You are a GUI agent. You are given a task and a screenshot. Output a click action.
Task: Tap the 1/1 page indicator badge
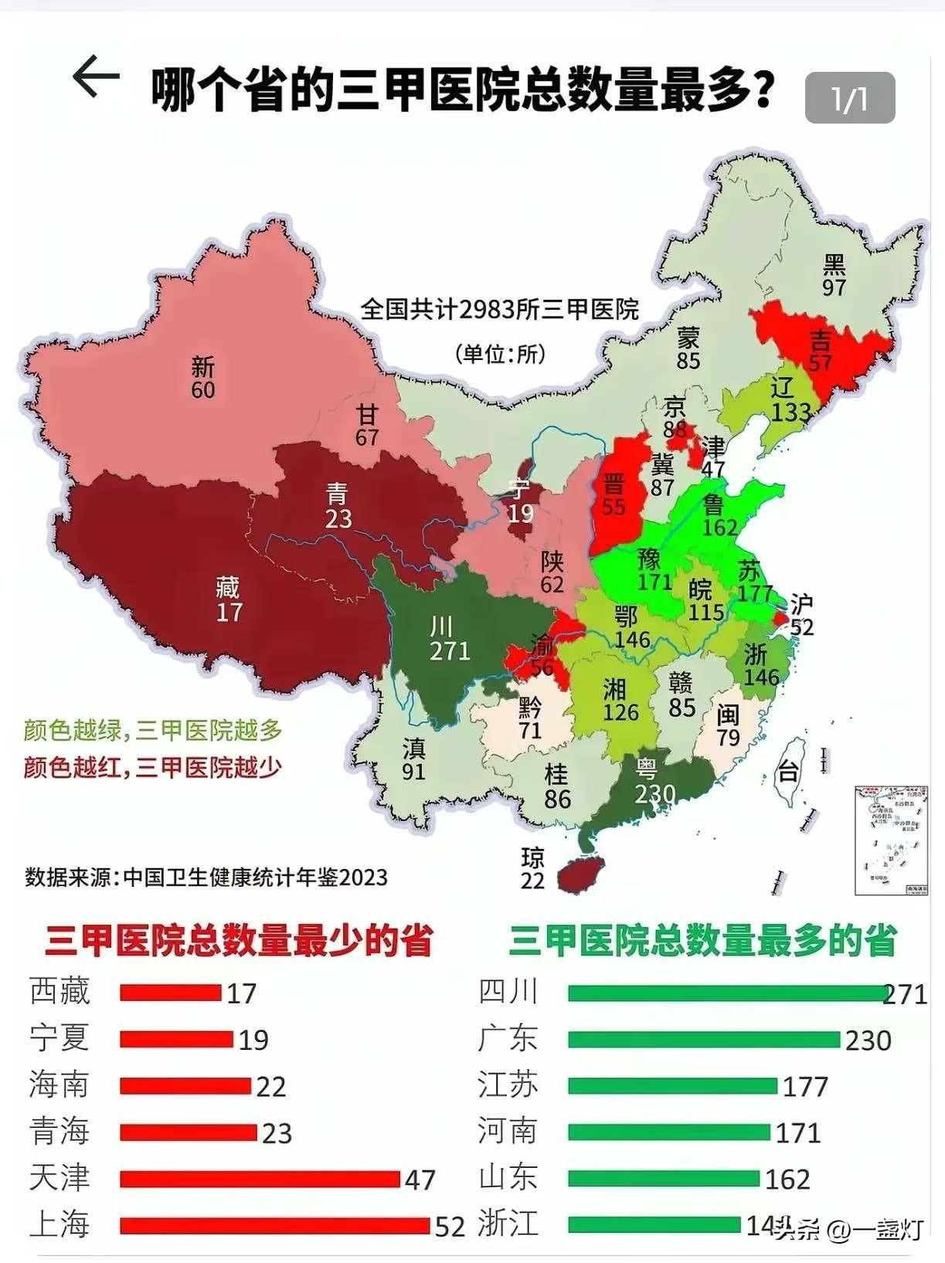tap(849, 98)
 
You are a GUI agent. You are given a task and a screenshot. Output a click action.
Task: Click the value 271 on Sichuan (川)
tap(450, 650)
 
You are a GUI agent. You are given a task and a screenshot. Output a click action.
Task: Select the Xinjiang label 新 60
tap(203, 378)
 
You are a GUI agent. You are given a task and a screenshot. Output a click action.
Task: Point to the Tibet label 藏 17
tap(229, 599)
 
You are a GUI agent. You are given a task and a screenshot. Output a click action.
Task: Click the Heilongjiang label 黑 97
tap(834, 276)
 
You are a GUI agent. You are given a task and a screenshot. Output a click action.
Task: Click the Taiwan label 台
tap(787, 770)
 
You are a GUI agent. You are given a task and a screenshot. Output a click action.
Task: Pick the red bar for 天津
tap(260, 1179)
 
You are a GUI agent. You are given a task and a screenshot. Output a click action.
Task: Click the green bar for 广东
tap(703, 1040)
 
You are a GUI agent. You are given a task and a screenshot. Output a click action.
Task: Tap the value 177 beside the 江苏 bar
tap(805, 1087)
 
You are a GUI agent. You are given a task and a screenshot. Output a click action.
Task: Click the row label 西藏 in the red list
tap(59, 992)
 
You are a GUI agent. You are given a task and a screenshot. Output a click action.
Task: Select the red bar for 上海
tap(274, 1226)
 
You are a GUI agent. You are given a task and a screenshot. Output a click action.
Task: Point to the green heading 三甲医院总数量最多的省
tap(702, 941)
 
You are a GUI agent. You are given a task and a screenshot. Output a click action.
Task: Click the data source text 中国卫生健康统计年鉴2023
tap(255, 878)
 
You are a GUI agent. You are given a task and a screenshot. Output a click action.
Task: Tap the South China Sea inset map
tap(890, 840)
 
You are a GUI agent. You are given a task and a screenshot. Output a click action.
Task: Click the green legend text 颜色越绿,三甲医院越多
tap(153, 730)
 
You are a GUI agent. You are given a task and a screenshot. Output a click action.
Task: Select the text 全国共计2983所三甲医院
tap(500, 310)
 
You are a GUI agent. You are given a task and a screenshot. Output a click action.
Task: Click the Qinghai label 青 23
tap(338, 506)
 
